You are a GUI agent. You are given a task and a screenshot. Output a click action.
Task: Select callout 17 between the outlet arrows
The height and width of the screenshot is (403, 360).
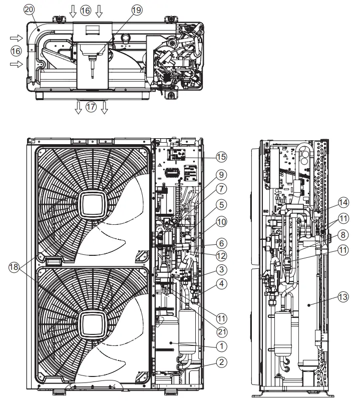91,107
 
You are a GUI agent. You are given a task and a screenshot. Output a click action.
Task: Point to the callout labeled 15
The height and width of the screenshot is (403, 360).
221,157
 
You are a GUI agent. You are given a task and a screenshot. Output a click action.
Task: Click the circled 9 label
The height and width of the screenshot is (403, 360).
221,175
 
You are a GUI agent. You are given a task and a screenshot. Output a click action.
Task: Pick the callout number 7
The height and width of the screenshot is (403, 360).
221,190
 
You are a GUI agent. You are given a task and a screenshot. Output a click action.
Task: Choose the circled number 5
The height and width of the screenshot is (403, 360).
221,204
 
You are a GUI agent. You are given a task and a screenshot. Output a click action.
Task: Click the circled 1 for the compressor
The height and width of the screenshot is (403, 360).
221,345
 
